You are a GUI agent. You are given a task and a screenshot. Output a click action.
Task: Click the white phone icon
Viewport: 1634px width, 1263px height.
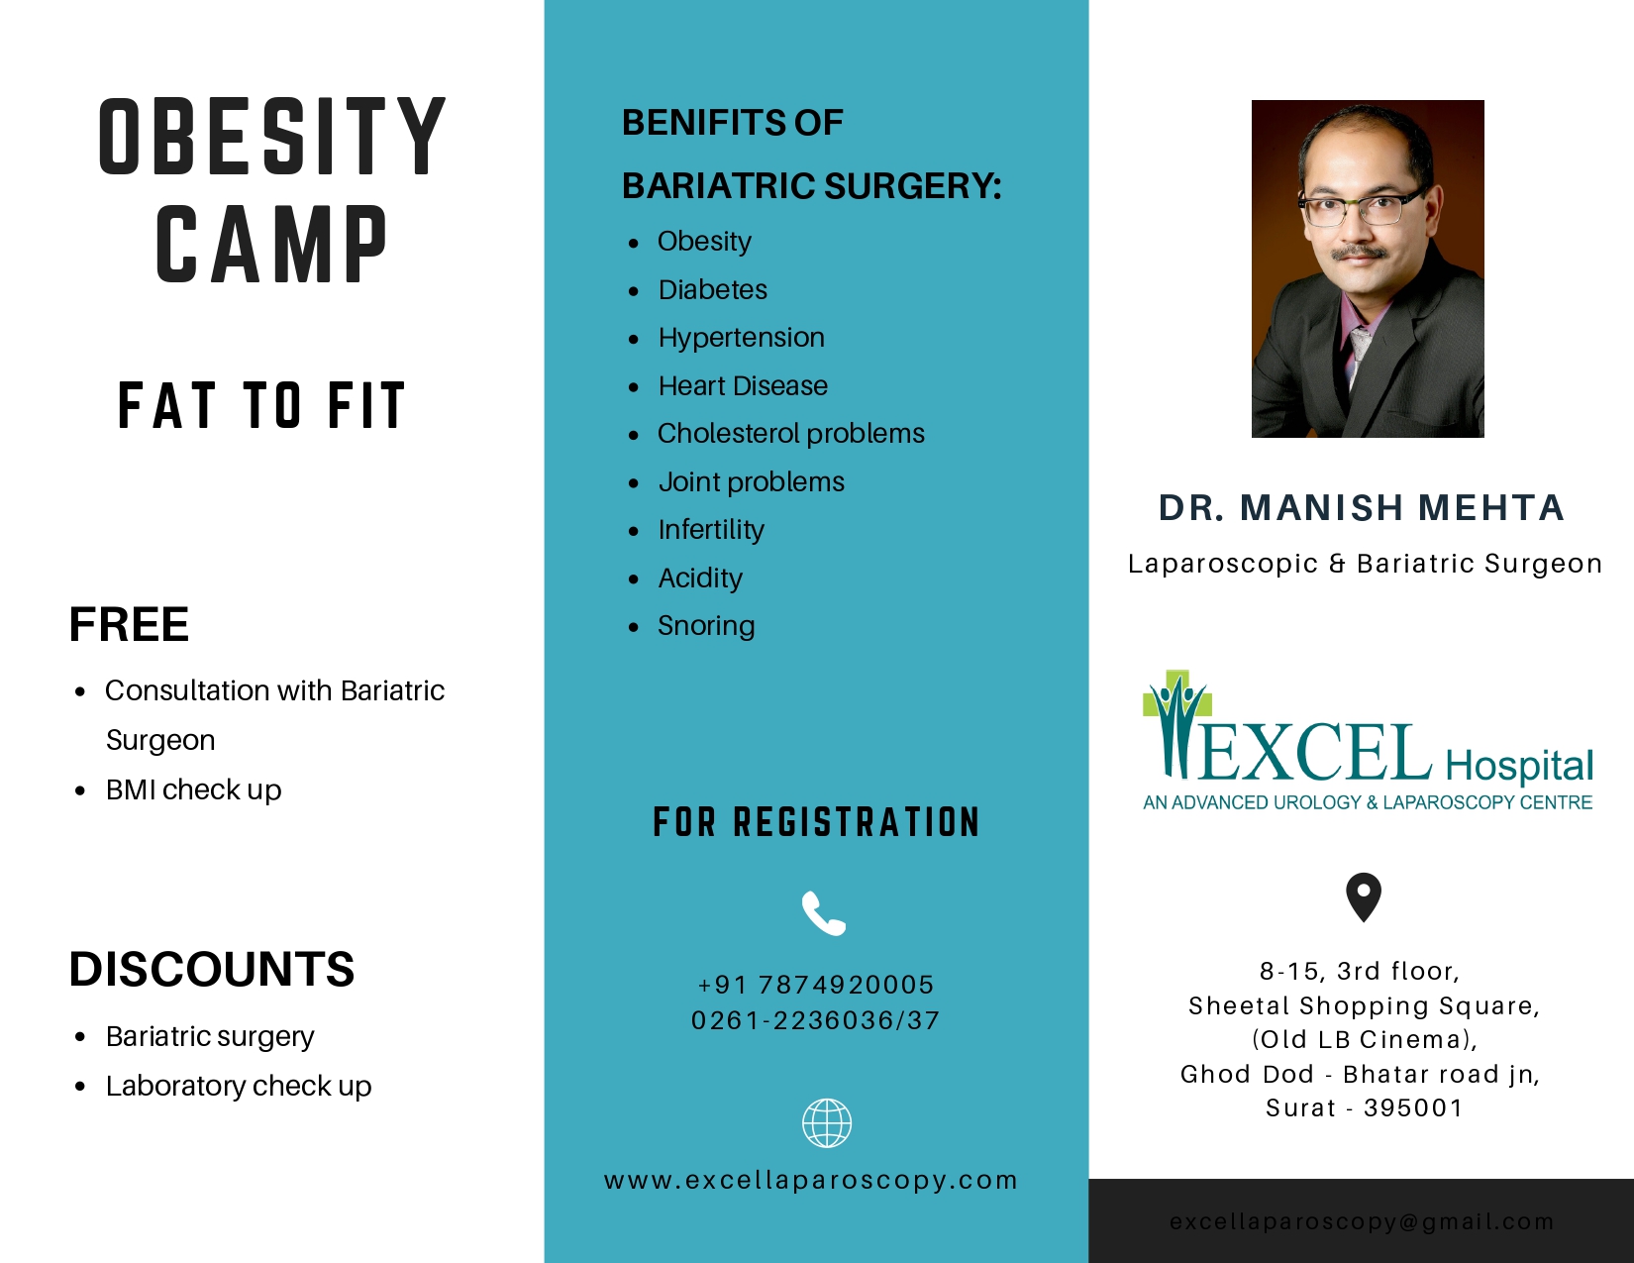point(823,913)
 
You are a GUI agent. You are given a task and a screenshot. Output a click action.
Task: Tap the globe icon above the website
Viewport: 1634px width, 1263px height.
point(826,1123)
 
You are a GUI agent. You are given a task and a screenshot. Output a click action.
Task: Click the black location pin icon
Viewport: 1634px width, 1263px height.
point(1364,896)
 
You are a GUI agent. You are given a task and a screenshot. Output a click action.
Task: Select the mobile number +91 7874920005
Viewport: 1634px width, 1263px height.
point(816,985)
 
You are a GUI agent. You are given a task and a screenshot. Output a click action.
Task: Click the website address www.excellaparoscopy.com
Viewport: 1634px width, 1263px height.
point(811,1180)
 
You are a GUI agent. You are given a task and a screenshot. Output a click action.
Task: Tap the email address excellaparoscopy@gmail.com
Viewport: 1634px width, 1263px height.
point(1362,1221)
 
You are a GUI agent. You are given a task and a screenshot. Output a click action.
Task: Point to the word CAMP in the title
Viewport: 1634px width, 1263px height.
point(271,246)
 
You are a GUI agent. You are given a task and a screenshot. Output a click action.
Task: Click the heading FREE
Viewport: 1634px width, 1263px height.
point(129,624)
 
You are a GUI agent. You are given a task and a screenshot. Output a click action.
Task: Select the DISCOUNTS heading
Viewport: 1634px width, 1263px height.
point(211,969)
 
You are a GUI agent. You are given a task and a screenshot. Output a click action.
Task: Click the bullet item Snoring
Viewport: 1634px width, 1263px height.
point(706,626)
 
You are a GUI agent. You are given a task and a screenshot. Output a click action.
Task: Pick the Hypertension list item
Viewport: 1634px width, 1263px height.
point(742,338)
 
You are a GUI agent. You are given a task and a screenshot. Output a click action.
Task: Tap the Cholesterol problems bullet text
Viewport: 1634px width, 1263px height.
point(791,433)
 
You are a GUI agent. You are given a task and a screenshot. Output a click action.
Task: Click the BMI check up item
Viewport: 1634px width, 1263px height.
point(193,789)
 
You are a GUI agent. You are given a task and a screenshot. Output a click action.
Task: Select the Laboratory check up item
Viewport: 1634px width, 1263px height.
point(239,1087)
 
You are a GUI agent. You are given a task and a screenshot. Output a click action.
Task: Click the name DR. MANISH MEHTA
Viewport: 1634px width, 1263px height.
point(1362,508)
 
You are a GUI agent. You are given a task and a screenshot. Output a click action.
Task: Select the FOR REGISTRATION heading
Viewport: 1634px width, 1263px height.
point(817,822)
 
